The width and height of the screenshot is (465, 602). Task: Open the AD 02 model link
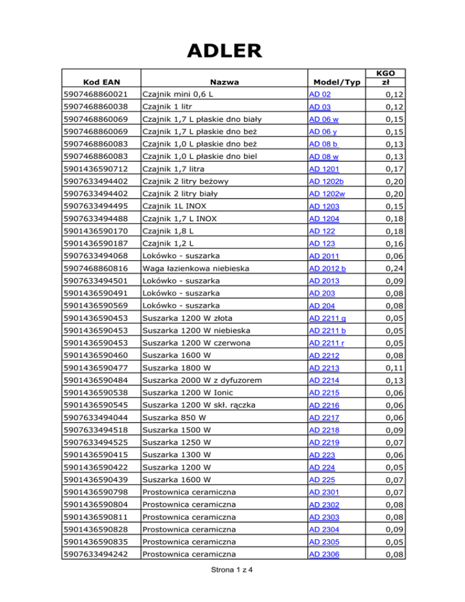click(x=318, y=95)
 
